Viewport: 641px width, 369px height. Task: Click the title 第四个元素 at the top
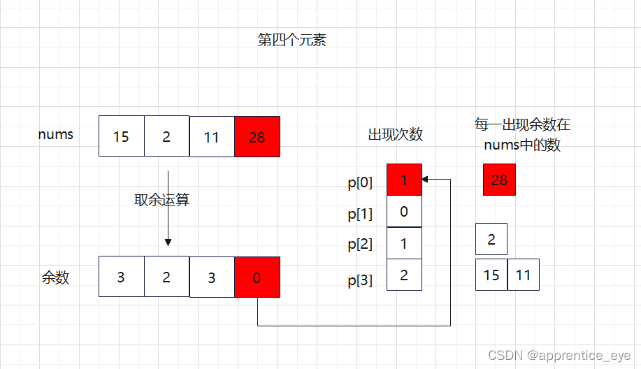pyautogui.click(x=291, y=41)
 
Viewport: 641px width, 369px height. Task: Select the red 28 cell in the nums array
pyautogui.click(x=257, y=136)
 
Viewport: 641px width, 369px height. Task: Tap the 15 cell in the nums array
pyautogui.click(x=122, y=136)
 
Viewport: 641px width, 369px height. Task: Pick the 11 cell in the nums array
pyautogui.click(x=212, y=136)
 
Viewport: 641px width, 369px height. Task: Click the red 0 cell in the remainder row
pyautogui.click(x=257, y=277)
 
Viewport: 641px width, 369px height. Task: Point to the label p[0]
pyautogui.click(x=360, y=183)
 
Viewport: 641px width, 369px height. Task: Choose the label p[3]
pyautogui.click(x=360, y=281)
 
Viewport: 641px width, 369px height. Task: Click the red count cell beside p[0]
pyautogui.click(x=404, y=180)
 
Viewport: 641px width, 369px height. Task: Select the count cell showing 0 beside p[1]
pyautogui.click(x=404, y=211)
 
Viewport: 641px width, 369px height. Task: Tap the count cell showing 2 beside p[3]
pyautogui.click(x=404, y=275)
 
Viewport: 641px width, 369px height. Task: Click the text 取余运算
pyautogui.click(x=162, y=201)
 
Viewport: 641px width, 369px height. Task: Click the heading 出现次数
pyautogui.click(x=396, y=135)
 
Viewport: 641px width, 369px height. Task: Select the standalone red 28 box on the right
pyautogui.click(x=499, y=180)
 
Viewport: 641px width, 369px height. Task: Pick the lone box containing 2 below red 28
pyautogui.click(x=491, y=240)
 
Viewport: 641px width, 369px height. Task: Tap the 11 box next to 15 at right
pyautogui.click(x=524, y=275)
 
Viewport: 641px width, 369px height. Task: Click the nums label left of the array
pyautogui.click(x=56, y=134)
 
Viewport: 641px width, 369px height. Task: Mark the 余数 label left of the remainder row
pyautogui.click(x=56, y=277)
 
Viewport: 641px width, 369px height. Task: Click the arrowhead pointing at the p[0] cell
pyautogui.click(x=426, y=180)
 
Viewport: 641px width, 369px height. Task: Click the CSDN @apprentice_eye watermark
pyautogui.click(x=560, y=356)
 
